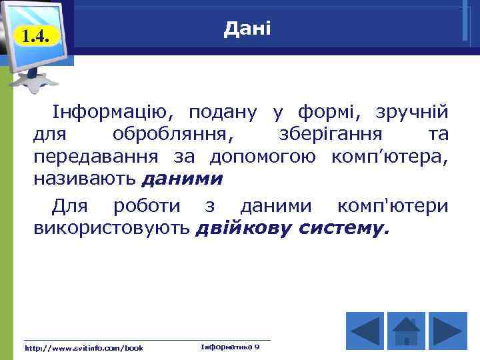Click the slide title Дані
[247, 29]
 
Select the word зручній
[412, 111]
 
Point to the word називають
[85, 179]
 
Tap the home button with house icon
[406, 330]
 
